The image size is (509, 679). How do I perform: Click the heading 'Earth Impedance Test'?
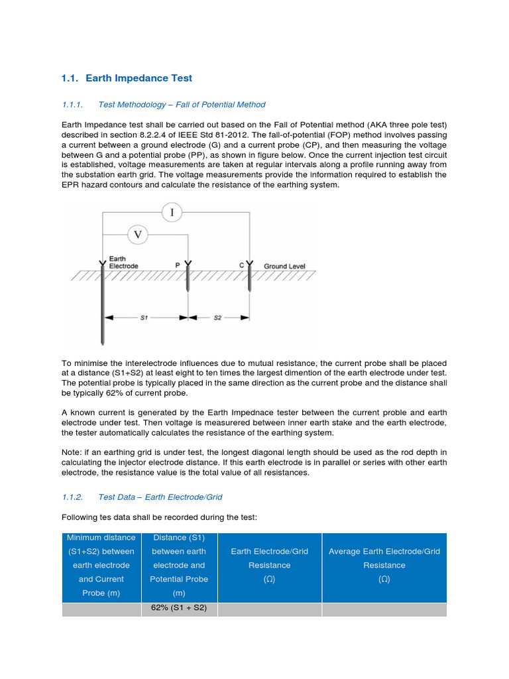139,78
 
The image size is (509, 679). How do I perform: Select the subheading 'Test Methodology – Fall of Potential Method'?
182,104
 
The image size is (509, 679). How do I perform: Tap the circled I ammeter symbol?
172,212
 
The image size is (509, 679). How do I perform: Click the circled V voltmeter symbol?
138,234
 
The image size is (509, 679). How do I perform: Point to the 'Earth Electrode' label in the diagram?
123,263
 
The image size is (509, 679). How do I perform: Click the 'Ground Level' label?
284,266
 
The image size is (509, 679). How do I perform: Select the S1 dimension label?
144,318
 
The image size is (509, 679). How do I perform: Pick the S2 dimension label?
217,318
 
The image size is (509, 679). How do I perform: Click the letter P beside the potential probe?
178,265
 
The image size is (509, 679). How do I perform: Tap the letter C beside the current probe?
241,265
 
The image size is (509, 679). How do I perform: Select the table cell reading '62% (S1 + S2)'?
178,609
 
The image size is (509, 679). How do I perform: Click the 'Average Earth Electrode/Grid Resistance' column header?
384,565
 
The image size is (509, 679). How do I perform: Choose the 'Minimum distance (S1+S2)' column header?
102,565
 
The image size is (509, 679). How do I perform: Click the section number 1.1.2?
72,497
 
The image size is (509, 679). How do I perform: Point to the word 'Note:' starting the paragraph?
72,452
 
